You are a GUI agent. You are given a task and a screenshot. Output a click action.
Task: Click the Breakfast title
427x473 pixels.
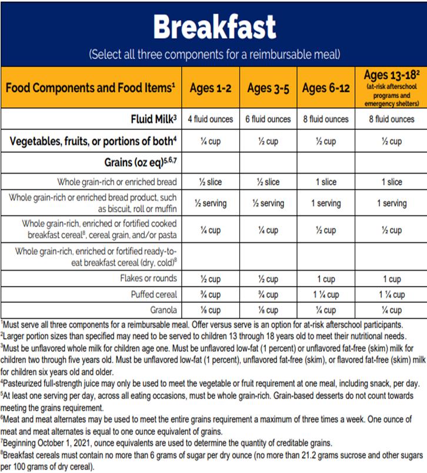(214, 26)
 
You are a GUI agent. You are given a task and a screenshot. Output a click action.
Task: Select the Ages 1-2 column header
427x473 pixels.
(210, 88)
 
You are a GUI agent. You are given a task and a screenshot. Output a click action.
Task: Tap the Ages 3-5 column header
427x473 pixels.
(268, 88)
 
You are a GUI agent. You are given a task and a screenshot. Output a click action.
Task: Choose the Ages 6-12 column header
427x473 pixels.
(325, 88)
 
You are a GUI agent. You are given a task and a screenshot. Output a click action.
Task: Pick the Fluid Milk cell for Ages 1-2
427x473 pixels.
(210, 119)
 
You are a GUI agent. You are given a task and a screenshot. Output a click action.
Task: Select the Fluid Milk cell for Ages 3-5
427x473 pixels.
(268, 119)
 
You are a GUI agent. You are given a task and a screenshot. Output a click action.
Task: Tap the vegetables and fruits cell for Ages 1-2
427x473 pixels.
(210, 141)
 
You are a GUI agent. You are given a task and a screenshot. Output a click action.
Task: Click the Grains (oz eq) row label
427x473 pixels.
(142, 162)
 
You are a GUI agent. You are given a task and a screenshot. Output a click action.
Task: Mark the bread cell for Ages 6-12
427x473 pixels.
(325, 182)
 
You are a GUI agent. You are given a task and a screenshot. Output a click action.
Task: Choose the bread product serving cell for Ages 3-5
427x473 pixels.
(268, 204)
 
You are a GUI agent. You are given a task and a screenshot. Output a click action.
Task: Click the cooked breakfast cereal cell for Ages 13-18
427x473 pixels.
(391, 230)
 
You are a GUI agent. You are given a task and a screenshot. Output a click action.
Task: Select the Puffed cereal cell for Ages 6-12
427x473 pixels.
(325, 295)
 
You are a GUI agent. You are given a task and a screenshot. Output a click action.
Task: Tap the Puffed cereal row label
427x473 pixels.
(155, 295)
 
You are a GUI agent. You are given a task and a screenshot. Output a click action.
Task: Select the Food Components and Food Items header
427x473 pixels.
(91, 88)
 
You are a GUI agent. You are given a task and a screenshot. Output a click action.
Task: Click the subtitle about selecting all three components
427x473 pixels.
(214, 55)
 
